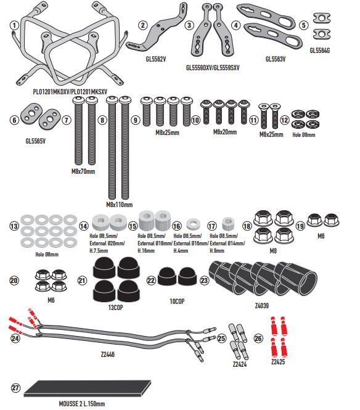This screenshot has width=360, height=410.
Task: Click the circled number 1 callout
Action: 15,25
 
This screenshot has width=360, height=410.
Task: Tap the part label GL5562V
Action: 156,59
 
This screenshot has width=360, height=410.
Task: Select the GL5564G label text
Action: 320,51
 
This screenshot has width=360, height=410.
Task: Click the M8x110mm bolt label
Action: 119,205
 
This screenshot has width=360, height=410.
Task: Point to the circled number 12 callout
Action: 284,120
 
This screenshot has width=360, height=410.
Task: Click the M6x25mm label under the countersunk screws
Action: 271,134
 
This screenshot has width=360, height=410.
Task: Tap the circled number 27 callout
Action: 15,388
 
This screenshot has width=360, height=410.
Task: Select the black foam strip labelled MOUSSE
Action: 88,388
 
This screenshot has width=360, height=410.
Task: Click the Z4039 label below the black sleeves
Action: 262,305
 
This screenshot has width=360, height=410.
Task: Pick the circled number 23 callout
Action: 204,281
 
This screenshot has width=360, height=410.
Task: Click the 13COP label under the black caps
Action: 115,308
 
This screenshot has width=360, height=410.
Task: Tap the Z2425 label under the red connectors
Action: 278,362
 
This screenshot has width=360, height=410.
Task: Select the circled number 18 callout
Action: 247,226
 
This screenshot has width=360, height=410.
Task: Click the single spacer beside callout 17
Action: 228,223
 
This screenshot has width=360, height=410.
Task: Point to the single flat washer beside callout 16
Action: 194,224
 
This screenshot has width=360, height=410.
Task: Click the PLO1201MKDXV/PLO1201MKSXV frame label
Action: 70,92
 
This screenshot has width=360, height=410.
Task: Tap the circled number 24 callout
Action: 15,338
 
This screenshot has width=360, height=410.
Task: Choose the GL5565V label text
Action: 36,141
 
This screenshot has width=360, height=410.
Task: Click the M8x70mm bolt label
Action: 83,171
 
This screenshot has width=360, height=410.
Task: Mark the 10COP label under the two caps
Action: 177,301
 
